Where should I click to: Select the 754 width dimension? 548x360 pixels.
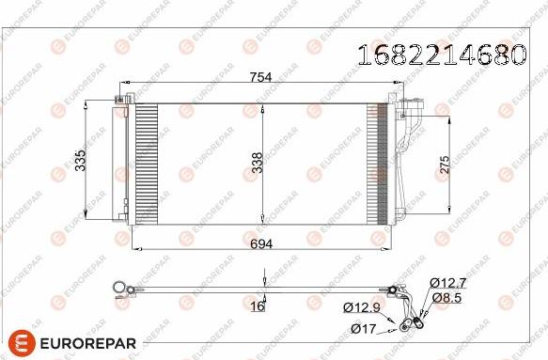point(259,80)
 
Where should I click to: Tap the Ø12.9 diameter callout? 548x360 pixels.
point(361,307)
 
